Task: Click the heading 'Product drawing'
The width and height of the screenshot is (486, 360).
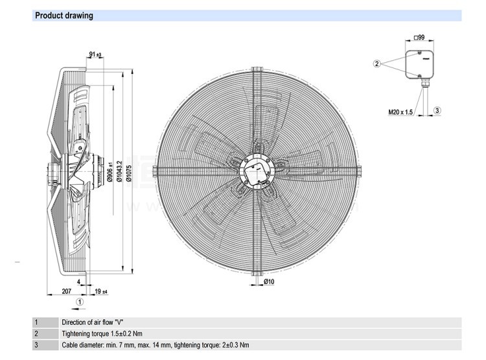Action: pyautogui.click(x=64, y=16)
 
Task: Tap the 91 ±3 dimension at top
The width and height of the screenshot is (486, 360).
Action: pyautogui.click(x=95, y=54)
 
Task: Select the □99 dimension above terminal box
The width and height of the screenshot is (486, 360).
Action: pyautogui.click(x=419, y=38)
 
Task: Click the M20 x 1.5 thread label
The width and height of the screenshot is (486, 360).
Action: pyautogui.click(x=400, y=112)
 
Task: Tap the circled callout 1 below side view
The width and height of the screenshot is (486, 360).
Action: pyautogui.click(x=79, y=301)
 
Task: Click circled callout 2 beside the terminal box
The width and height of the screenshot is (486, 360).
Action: pyautogui.click(x=376, y=64)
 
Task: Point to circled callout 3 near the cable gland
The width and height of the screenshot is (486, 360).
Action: pyautogui.click(x=437, y=111)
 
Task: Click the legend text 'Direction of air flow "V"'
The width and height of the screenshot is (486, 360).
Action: pyautogui.click(x=92, y=322)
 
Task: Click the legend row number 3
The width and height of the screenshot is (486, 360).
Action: pyautogui.click(x=37, y=345)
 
